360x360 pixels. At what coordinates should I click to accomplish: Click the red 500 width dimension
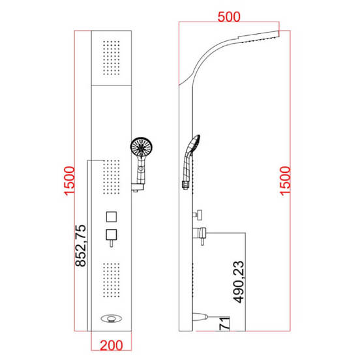pos(229,17)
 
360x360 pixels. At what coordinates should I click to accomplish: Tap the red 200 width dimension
pos(112,345)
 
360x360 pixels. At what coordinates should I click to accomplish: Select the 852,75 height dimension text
pos(81,245)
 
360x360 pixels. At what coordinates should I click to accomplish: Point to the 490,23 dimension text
pos(238,282)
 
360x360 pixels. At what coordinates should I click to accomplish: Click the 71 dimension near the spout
pos(224,323)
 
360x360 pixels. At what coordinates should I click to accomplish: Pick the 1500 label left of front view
pos(69,181)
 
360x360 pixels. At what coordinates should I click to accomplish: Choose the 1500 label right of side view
pos(285,181)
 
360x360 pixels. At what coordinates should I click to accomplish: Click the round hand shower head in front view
pos(142,147)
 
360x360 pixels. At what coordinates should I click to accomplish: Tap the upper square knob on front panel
pos(112,217)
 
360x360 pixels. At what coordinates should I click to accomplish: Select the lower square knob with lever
pos(112,237)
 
